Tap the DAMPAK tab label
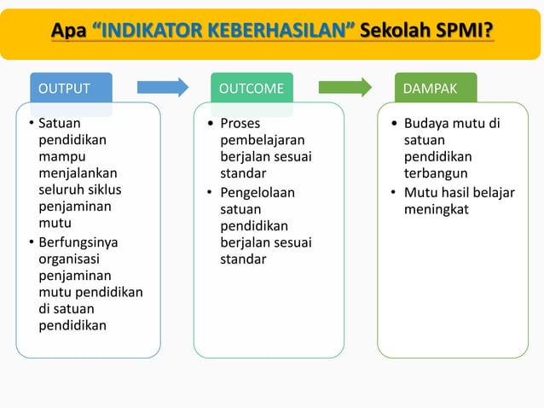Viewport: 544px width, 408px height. point(430,88)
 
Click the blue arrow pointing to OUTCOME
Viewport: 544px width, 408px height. point(162,86)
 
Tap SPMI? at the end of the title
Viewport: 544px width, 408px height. point(463,32)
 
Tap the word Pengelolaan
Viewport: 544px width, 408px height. point(258,192)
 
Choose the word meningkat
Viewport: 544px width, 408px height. point(437,208)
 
